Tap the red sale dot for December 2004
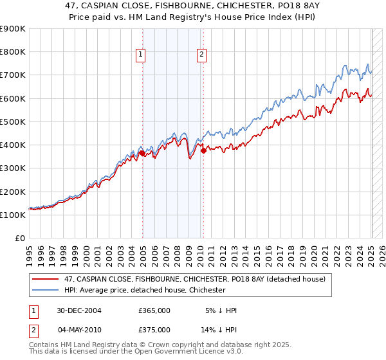point(142,153)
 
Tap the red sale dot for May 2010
point(203,151)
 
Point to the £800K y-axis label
point(13,52)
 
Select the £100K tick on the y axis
point(13,215)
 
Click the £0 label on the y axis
point(19,238)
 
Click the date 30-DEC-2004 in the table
point(80,310)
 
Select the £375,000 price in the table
point(154,330)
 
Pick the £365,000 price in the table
point(154,310)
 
